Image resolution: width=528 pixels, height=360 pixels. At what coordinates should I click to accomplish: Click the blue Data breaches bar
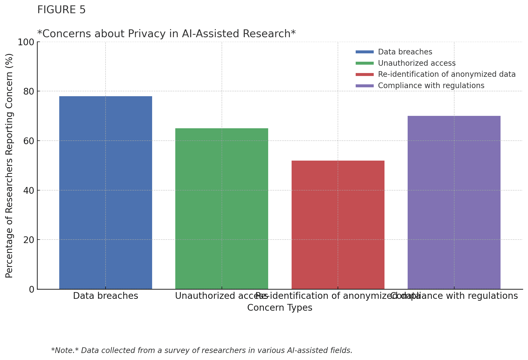pyautogui.click(x=106, y=193)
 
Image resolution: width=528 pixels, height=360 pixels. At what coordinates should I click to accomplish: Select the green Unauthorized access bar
pyautogui.click(x=222, y=209)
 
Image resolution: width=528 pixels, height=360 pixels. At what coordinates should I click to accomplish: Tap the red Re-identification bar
pyautogui.click(x=338, y=225)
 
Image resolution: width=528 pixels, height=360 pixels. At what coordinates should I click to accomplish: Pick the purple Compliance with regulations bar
pyautogui.click(x=454, y=202)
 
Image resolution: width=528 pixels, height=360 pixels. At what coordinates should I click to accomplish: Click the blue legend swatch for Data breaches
pyautogui.click(x=365, y=52)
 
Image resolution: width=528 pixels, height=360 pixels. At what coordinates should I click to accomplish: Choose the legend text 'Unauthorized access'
pyautogui.click(x=417, y=63)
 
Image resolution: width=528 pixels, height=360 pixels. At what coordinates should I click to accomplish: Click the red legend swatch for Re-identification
pyautogui.click(x=365, y=74)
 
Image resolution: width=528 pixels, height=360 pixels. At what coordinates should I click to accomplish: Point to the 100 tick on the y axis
pyautogui.click(x=26, y=42)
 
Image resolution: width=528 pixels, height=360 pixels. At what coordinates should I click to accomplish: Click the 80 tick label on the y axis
pyautogui.click(x=29, y=92)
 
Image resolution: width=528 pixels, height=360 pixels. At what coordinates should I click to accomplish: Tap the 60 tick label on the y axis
pyautogui.click(x=29, y=141)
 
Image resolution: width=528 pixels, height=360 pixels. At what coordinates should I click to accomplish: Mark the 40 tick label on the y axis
pyautogui.click(x=29, y=191)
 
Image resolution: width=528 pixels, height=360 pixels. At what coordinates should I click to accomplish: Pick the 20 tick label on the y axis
pyautogui.click(x=29, y=240)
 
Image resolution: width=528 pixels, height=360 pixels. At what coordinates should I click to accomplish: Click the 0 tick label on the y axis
pyautogui.click(x=32, y=289)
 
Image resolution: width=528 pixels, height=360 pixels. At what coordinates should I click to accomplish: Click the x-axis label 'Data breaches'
pyautogui.click(x=106, y=296)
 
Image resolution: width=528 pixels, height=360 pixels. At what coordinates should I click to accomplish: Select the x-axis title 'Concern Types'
pyautogui.click(x=279, y=308)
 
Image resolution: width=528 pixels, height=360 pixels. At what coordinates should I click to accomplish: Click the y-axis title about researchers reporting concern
pyautogui.click(x=9, y=165)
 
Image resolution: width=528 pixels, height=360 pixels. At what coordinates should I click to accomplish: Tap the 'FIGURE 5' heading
pyautogui.click(x=61, y=10)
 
